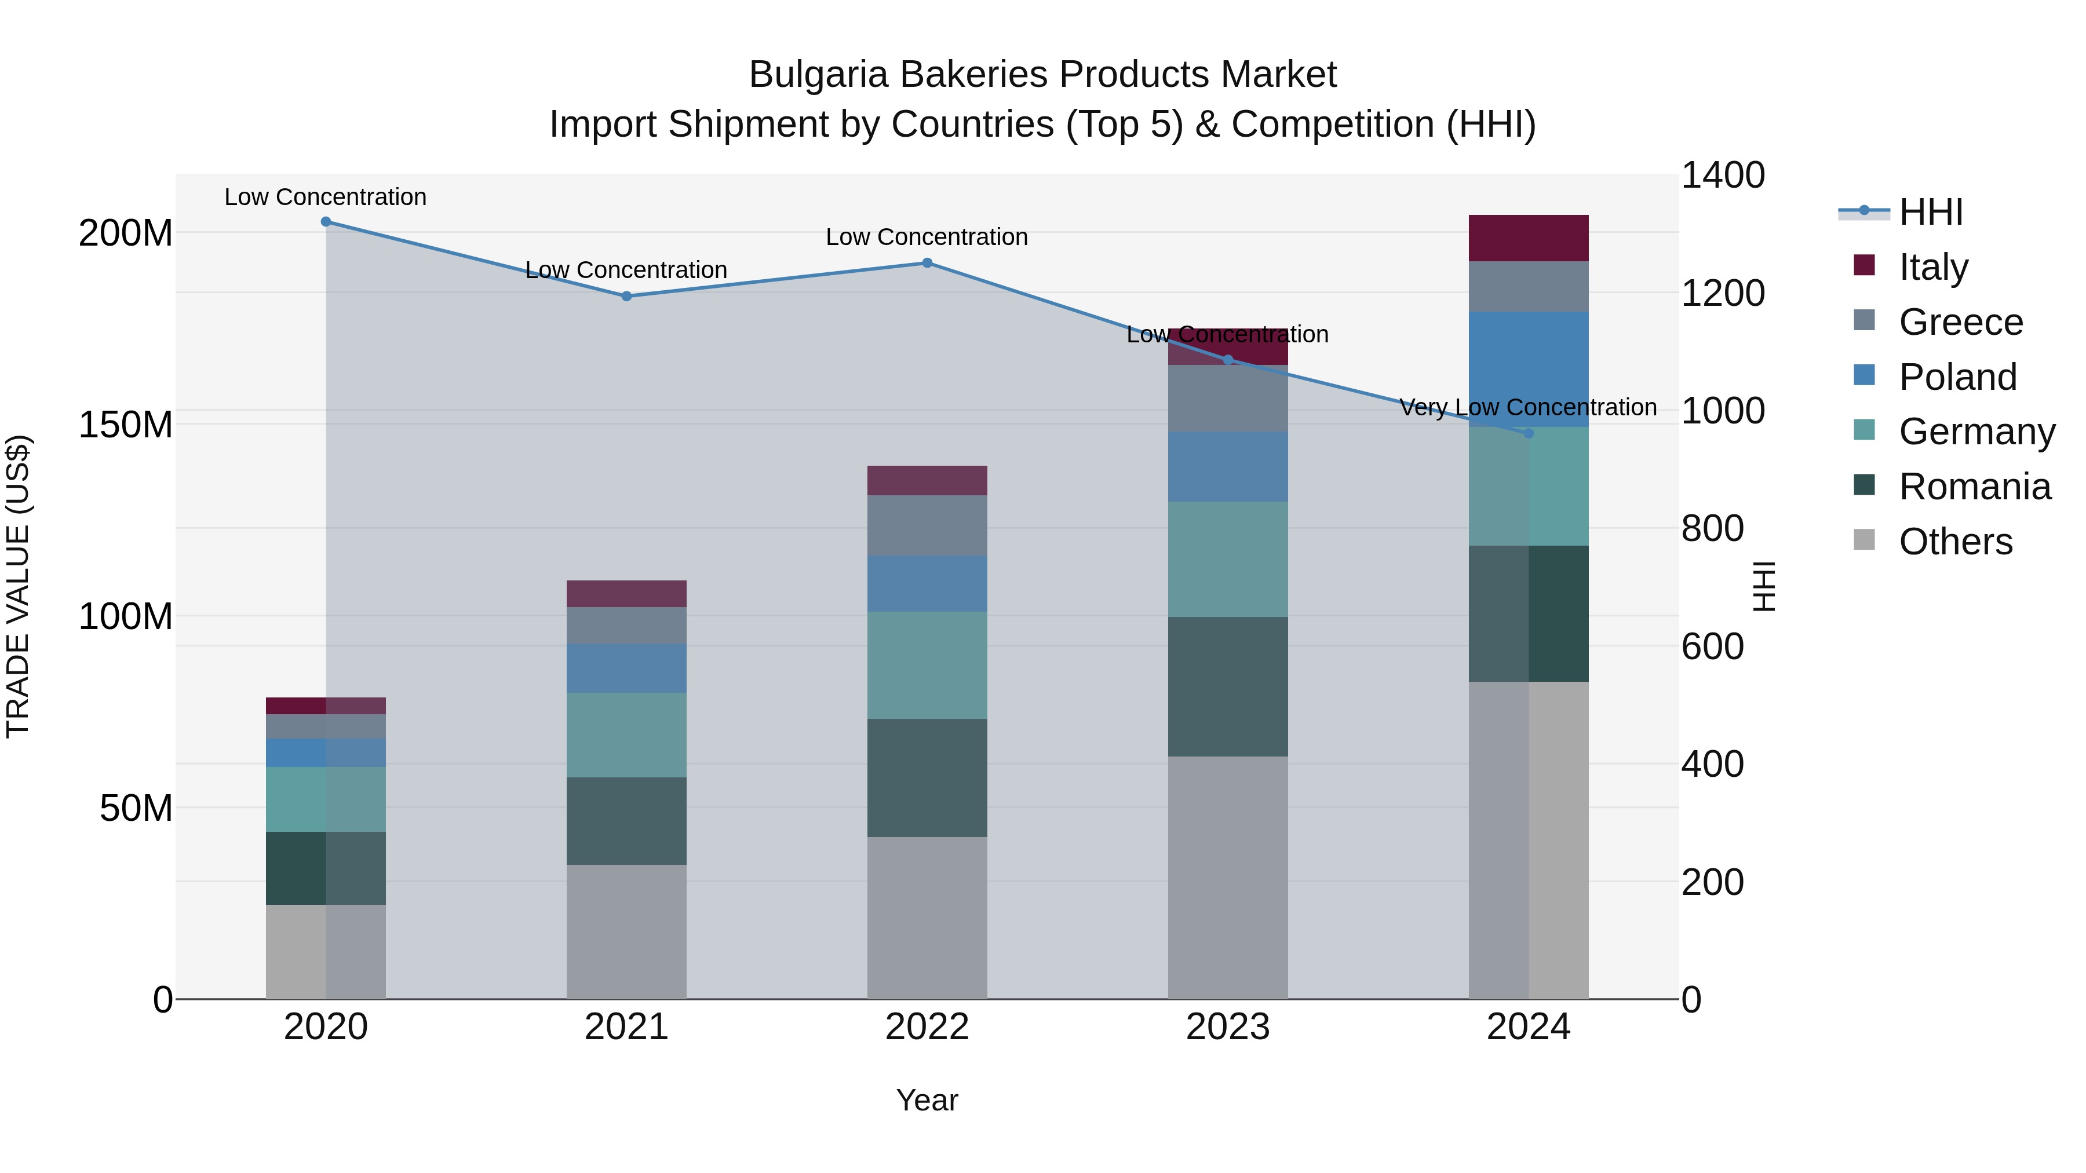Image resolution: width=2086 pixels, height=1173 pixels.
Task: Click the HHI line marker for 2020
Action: click(x=326, y=222)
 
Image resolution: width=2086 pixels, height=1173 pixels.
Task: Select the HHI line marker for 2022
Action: click(x=927, y=263)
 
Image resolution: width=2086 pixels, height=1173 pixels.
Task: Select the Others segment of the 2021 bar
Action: click(x=626, y=931)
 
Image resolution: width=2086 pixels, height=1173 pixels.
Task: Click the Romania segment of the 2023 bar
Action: click(x=1228, y=686)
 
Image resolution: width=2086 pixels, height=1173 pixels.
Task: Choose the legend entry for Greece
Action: click(x=1960, y=322)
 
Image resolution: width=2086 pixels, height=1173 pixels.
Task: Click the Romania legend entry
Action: click(x=1974, y=487)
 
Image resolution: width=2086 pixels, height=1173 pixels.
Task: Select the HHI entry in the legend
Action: click(x=1931, y=212)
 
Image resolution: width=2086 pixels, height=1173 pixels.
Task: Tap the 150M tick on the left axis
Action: click(x=126, y=424)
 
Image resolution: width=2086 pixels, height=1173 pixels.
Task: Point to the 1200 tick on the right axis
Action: click(x=1723, y=293)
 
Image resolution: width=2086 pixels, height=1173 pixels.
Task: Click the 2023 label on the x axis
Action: click(x=1228, y=1027)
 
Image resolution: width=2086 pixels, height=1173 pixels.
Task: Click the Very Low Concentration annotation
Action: click(x=1528, y=407)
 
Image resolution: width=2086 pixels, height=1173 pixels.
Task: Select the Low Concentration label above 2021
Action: click(x=626, y=269)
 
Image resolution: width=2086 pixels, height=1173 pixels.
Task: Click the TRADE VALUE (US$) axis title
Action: click(x=18, y=586)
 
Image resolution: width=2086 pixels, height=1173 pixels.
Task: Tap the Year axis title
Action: click(x=927, y=1100)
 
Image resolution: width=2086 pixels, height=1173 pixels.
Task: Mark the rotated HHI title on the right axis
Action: click(x=1763, y=586)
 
